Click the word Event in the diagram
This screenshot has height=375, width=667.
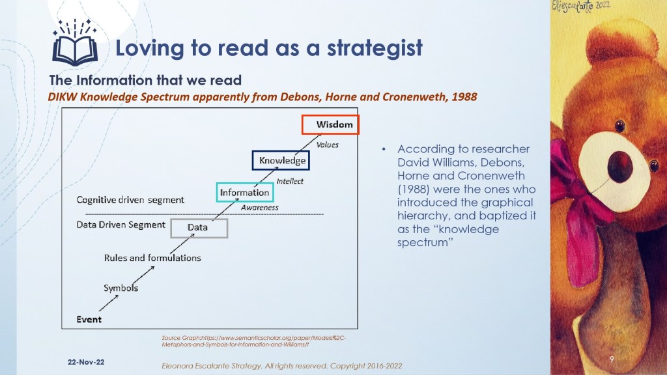point(89,319)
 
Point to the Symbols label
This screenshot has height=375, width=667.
point(121,288)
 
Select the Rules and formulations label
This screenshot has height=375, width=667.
point(152,258)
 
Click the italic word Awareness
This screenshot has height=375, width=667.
point(259,208)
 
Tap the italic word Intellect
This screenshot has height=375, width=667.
point(290,181)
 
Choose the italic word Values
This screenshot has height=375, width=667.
point(328,145)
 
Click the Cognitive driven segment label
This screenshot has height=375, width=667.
point(130,200)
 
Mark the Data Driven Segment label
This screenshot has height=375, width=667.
point(121,225)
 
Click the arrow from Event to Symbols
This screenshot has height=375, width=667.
point(109,303)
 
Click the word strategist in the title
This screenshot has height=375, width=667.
point(375,48)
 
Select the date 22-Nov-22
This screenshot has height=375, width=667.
point(86,362)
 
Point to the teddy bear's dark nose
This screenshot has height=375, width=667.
point(620,167)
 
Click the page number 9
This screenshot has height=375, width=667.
point(612,359)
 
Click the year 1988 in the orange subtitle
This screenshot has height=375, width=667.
point(464,97)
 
